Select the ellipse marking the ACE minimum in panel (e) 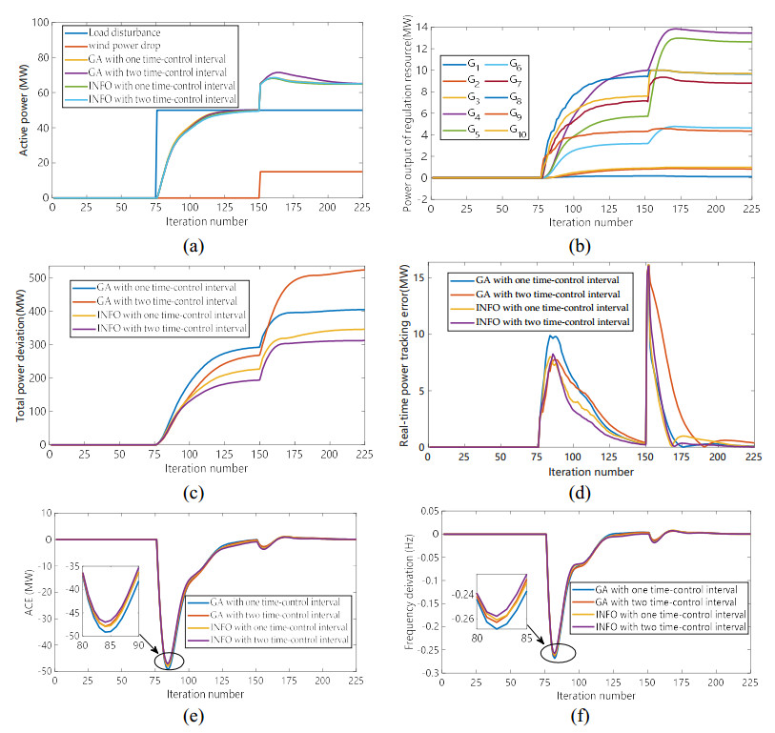(169, 657)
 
